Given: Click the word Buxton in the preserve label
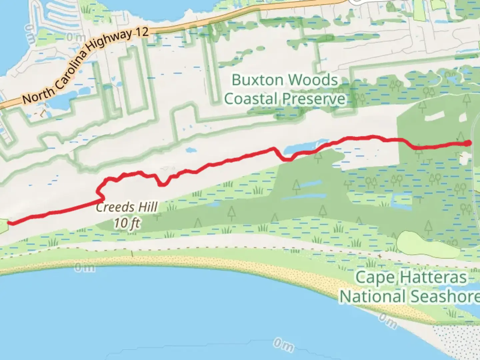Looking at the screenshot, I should pyautogui.click(x=257, y=80).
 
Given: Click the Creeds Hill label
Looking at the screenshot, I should pyautogui.click(x=127, y=207).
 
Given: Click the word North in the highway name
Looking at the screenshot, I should pyautogui.click(x=37, y=95).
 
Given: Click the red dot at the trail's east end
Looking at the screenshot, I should pyautogui.click(x=468, y=143).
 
